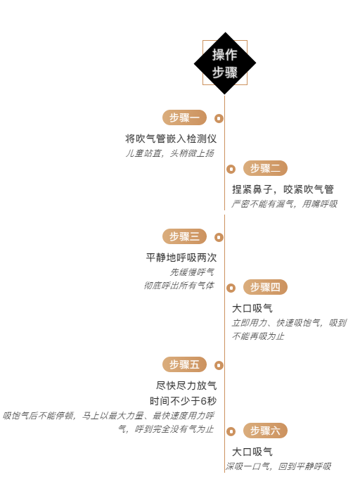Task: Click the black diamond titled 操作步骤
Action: (x=225, y=63)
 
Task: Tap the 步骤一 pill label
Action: (x=184, y=117)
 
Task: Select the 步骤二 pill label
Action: (x=265, y=168)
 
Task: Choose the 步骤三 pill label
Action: (x=184, y=236)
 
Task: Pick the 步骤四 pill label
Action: (x=265, y=287)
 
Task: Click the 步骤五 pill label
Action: (x=184, y=364)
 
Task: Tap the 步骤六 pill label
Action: (x=265, y=431)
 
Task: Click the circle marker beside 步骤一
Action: (x=219, y=118)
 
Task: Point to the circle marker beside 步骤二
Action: (x=231, y=169)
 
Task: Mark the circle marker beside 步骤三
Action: (x=219, y=237)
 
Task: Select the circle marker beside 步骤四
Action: (x=231, y=288)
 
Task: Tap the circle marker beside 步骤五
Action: (x=219, y=366)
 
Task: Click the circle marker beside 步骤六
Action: (x=231, y=431)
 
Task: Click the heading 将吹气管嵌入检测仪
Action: (x=171, y=139)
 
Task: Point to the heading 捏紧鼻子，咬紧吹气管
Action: (x=283, y=189)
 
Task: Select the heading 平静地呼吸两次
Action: (x=181, y=257)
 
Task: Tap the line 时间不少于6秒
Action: (x=184, y=401)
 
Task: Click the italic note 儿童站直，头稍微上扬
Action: (x=169, y=153)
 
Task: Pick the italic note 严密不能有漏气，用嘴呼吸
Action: (x=285, y=204)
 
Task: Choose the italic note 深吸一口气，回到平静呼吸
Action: (x=278, y=466)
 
